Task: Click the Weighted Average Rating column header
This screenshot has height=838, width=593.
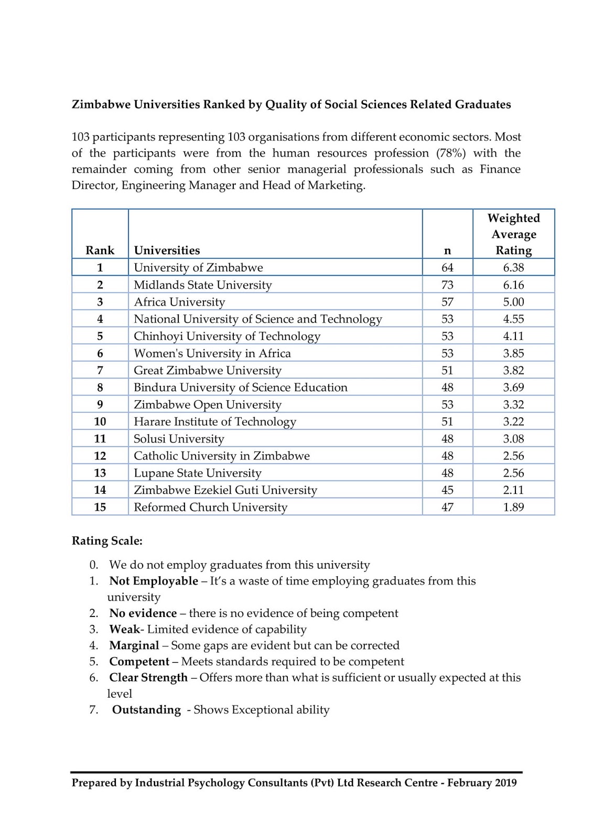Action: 513,234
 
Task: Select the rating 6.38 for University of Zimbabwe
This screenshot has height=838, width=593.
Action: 513,268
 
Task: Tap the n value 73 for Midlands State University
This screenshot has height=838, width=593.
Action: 447,285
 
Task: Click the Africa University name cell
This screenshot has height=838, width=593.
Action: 179,302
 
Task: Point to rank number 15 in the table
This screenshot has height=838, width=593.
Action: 100,507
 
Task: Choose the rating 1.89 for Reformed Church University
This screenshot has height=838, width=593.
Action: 513,507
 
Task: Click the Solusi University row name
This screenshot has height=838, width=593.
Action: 179,439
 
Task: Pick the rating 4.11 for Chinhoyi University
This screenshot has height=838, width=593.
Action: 513,336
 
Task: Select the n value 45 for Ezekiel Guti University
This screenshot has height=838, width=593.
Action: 447,490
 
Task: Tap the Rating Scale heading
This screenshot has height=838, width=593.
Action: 107,541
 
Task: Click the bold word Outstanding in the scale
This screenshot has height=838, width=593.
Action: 146,710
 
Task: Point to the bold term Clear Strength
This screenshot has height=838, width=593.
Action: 148,678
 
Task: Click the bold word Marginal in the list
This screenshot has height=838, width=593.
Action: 134,645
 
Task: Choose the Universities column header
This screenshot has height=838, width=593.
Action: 167,250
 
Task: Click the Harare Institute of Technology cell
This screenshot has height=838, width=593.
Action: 214,422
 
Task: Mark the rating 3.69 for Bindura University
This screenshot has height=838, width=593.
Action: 513,388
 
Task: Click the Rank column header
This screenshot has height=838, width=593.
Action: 100,250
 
